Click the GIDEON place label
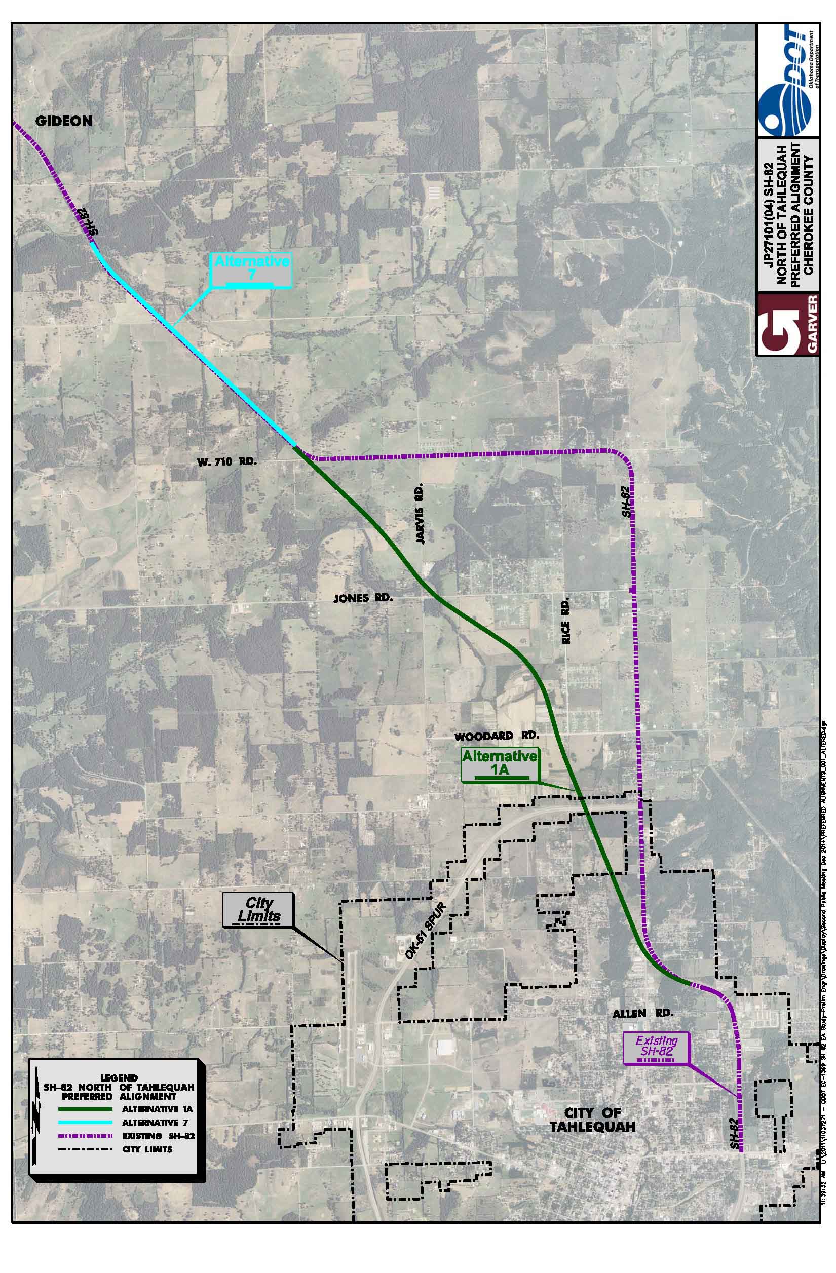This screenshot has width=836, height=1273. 64,121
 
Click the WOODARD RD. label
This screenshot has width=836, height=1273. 497,737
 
